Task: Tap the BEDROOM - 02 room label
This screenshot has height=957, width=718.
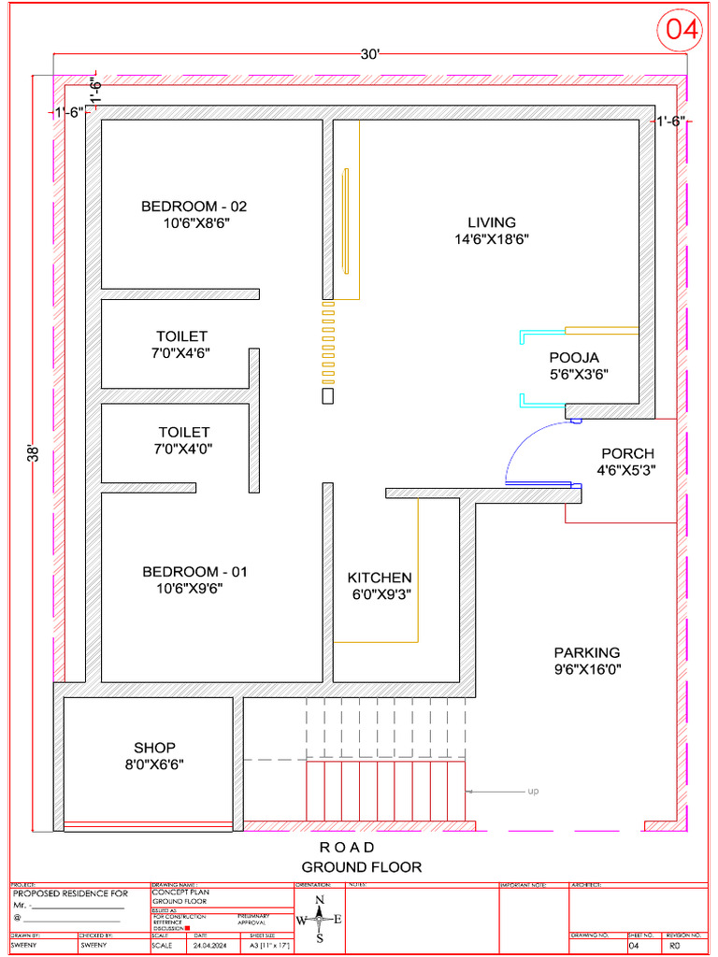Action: tap(194, 207)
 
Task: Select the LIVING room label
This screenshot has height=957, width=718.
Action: tap(492, 222)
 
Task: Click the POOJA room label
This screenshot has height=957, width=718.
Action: tap(574, 357)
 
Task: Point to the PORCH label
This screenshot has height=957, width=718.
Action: tap(627, 453)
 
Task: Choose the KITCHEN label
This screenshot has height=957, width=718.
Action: tap(380, 578)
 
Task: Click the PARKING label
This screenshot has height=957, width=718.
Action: tap(586, 652)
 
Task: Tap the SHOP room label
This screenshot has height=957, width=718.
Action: tap(154, 748)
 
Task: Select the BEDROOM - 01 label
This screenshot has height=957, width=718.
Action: tap(194, 571)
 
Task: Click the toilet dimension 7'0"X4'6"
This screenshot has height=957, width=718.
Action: tap(182, 353)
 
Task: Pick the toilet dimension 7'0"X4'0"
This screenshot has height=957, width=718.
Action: tap(184, 449)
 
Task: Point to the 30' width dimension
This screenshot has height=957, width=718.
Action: tap(371, 55)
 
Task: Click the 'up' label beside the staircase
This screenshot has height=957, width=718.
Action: tap(533, 792)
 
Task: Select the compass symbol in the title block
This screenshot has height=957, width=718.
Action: tap(320, 920)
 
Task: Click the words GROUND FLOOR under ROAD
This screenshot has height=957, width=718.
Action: tap(361, 866)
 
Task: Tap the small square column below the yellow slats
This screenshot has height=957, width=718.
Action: tap(327, 395)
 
